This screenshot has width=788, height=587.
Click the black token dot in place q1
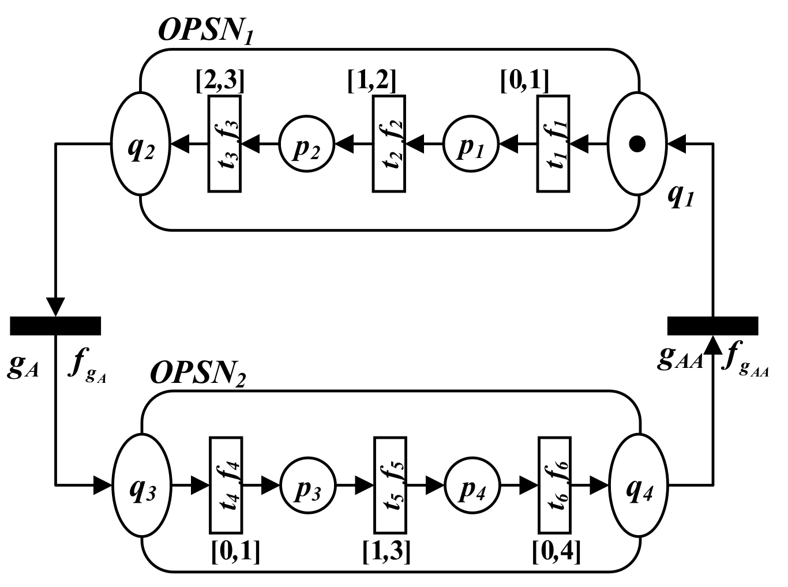(x=637, y=144)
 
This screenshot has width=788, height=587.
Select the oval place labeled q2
(x=140, y=144)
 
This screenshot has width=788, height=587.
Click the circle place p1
(x=471, y=144)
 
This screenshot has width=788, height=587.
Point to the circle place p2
(x=307, y=144)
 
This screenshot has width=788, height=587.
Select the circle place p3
(x=308, y=486)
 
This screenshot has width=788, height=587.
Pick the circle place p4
(x=472, y=486)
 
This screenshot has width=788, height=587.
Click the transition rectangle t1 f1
(x=553, y=144)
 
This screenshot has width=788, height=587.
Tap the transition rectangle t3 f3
(x=224, y=144)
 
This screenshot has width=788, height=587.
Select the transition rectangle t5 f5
(x=390, y=486)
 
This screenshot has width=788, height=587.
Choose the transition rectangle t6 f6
(x=554, y=486)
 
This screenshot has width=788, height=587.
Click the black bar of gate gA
(x=55, y=326)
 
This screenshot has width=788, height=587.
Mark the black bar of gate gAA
(x=712, y=326)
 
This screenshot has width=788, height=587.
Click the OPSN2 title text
(x=198, y=374)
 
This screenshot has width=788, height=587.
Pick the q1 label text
(x=681, y=197)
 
